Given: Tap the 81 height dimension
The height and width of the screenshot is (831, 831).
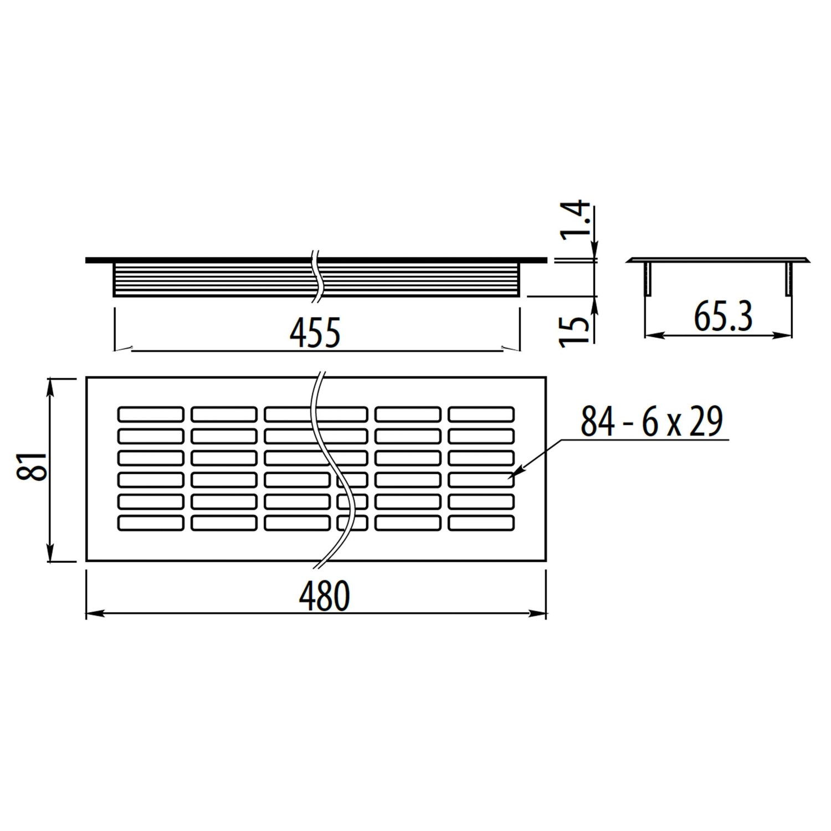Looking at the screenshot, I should point(32,466).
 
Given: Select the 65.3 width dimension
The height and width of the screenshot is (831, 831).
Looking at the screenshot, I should point(723,318).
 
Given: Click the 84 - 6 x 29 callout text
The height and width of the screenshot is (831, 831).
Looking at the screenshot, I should point(652,422).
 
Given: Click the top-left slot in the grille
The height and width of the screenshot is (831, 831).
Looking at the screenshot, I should point(150,414).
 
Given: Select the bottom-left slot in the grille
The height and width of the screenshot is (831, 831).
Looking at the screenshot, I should point(150,523).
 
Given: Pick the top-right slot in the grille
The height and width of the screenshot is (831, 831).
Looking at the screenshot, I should point(481,414).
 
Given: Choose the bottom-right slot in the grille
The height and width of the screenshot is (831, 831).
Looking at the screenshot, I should point(481,523).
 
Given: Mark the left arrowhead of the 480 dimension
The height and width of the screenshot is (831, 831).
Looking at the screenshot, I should point(94,613).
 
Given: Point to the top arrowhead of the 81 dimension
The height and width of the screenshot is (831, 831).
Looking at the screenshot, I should point(50,386).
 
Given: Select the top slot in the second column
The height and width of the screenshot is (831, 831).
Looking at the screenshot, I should point(224,414).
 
